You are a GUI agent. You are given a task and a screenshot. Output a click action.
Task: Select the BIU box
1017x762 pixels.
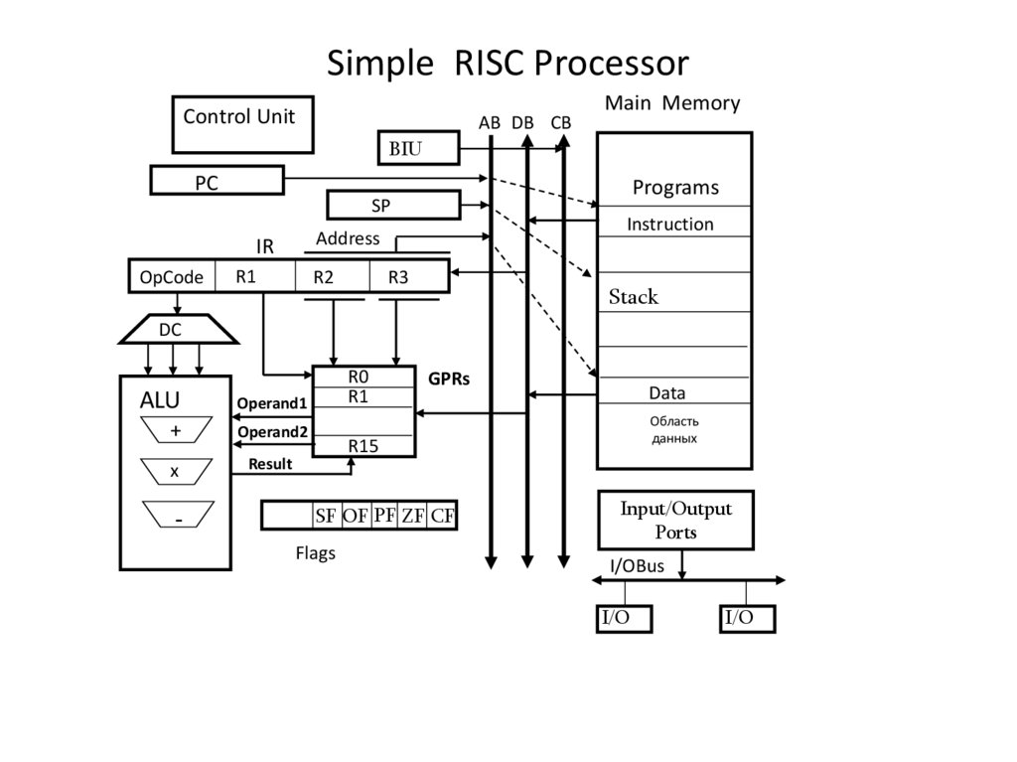tap(418, 149)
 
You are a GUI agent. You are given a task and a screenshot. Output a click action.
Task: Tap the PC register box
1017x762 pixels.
tap(217, 181)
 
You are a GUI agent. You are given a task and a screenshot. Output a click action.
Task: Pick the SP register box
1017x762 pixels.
tap(392, 206)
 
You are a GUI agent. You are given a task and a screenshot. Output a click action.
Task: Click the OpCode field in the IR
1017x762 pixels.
tap(172, 276)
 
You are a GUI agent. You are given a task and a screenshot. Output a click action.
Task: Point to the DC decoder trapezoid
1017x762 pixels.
tap(179, 329)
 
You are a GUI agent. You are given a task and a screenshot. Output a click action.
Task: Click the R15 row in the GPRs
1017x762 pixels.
tap(363, 446)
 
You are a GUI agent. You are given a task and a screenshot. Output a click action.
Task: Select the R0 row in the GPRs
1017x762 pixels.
tap(363, 377)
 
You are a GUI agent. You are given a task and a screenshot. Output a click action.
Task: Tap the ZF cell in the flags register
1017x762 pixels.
tap(413, 516)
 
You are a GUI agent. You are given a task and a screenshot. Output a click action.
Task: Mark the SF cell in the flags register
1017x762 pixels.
tap(326, 516)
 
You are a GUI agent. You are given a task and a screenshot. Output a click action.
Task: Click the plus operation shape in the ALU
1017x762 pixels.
tap(176, 430)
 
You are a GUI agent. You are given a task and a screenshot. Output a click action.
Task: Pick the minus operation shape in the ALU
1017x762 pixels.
tap(178, 515)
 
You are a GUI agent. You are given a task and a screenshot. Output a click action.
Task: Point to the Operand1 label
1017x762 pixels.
tap(271, 403)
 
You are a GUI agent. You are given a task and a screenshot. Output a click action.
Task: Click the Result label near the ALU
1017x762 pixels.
tap(270, 464)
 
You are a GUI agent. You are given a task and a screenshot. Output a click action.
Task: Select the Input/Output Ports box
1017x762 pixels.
tap(675, 521)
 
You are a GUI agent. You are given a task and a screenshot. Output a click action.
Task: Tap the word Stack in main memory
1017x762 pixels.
tap(634, 297)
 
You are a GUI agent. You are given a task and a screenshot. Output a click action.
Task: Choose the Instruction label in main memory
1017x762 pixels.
tap(669, 225)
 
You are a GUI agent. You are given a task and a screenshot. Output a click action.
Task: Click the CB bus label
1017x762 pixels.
tap(561, 122)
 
